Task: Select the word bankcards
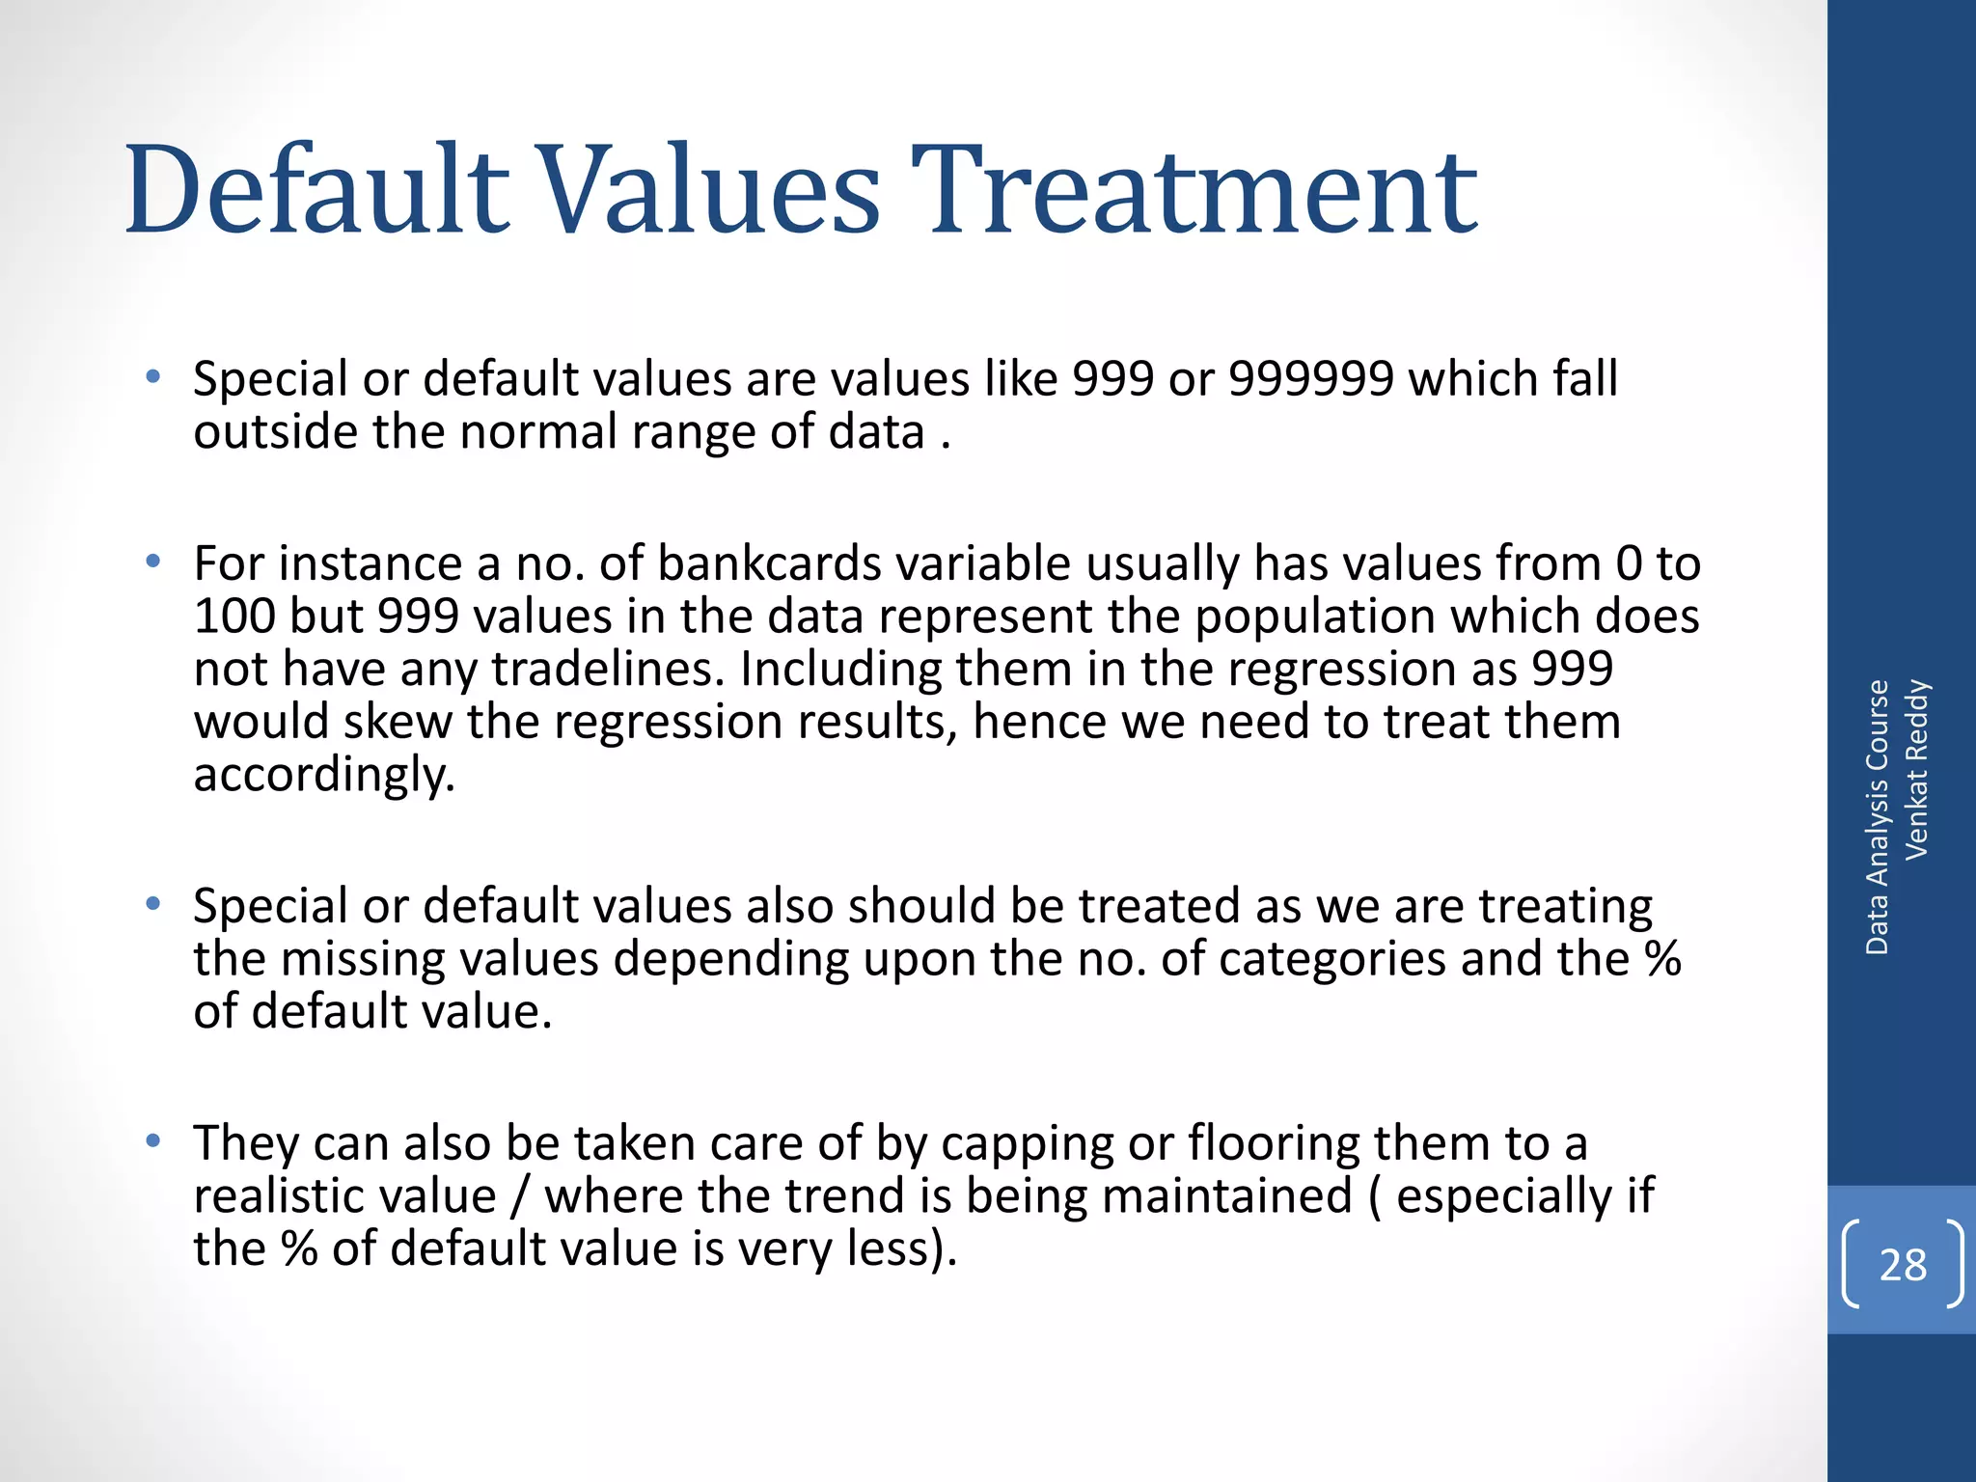[769, 563]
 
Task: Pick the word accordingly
[324, 775]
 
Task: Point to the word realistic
[344, 1196]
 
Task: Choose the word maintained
[1227, 1196]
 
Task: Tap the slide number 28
[1903, 1265]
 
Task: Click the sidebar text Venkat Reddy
[1916, 769]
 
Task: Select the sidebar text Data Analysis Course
[1877, 817]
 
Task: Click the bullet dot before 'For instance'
[152, 562]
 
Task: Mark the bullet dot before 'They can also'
[152, 1142]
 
